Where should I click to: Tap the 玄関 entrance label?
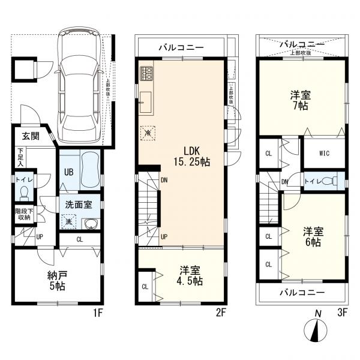pos(31,137)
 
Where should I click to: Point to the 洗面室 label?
pos(79,204)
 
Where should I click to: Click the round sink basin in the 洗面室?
pos(91,224)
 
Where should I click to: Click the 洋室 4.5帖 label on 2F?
pos(189,275)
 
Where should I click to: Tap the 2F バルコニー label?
pos(181,47)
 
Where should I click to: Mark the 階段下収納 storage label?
pos(24,215)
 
